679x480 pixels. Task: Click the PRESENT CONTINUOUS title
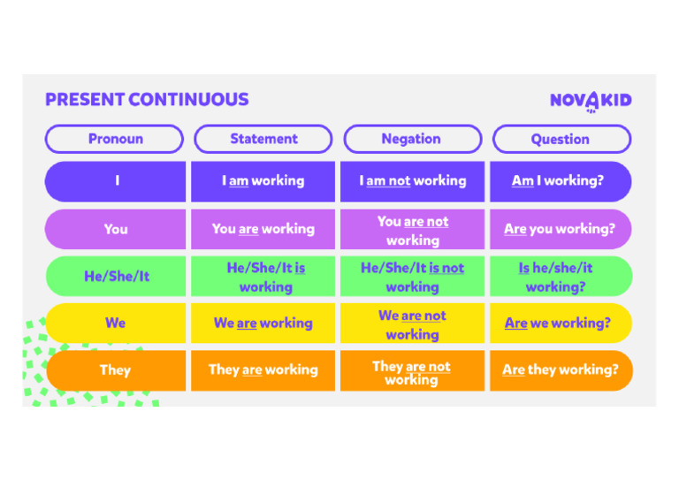coord(147,99)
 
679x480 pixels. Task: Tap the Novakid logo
coord(591,100)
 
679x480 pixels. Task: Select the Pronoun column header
coord(115,139)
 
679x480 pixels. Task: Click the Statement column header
coord(263,139)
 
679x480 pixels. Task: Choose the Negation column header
coord(412,139)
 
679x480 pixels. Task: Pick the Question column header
coord(561,139)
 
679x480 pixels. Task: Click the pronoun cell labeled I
coord(116,181)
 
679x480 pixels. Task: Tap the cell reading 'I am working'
coord(263,181)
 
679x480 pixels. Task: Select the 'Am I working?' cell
coord(560,181)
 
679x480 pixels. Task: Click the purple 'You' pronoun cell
coord(116,229)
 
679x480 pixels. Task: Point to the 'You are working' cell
coord(263,229)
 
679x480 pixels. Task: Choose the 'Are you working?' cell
coord(560,229)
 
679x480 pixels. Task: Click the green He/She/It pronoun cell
coord(116,277)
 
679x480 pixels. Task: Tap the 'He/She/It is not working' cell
coord(412,277)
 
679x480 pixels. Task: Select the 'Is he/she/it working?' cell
coord(560,277)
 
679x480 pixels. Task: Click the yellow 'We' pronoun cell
coord(116,324)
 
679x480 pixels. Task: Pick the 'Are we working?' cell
coord(560,324)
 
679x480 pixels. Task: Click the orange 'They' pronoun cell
coord(116,370)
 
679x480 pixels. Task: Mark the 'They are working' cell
coord(263,370)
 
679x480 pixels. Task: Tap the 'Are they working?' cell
coord(561,370)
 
